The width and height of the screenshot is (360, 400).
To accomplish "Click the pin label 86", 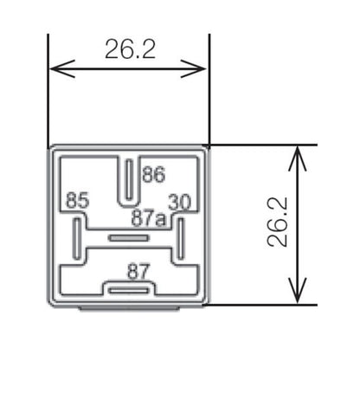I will pyautogui.click(x=153, y=175).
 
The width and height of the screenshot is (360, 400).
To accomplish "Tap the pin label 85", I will pyautogui.click(x=77, y=201).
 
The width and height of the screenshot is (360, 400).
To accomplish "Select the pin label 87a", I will pyautogui.click(x=148, y=219).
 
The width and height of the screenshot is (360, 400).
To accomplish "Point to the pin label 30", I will pyautogui.click(x=179, y=201).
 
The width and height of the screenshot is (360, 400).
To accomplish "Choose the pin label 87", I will pyautogui.click(x=138, y=271).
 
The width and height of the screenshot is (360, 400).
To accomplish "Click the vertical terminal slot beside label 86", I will pyautogui.click(x=130, y=179).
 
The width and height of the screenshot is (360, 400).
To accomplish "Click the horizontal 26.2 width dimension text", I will pyautogui.click(x=130, y=48).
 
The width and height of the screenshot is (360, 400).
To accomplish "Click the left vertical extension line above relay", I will pyautogui.click(x=48, y=87).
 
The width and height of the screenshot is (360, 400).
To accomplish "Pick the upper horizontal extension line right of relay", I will pyautogui.click(x=260, y=145).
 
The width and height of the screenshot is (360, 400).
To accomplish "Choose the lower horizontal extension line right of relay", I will pyautogui.click(x=260, y=304).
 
